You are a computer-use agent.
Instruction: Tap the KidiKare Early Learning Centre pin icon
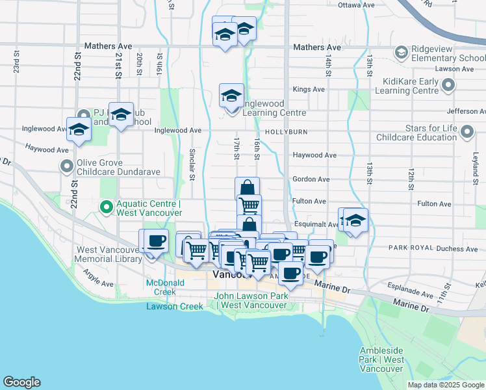[448, 85]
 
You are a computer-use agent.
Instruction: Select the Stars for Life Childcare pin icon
[466, 133]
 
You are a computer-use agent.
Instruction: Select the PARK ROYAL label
[410, 248]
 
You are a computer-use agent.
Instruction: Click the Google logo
[21, 382]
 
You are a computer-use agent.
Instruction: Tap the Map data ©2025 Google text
[445, 385]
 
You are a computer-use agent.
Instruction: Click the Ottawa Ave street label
[357, 5]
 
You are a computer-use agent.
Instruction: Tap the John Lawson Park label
[250, 301]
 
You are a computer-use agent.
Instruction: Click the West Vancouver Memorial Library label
[109, 254]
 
